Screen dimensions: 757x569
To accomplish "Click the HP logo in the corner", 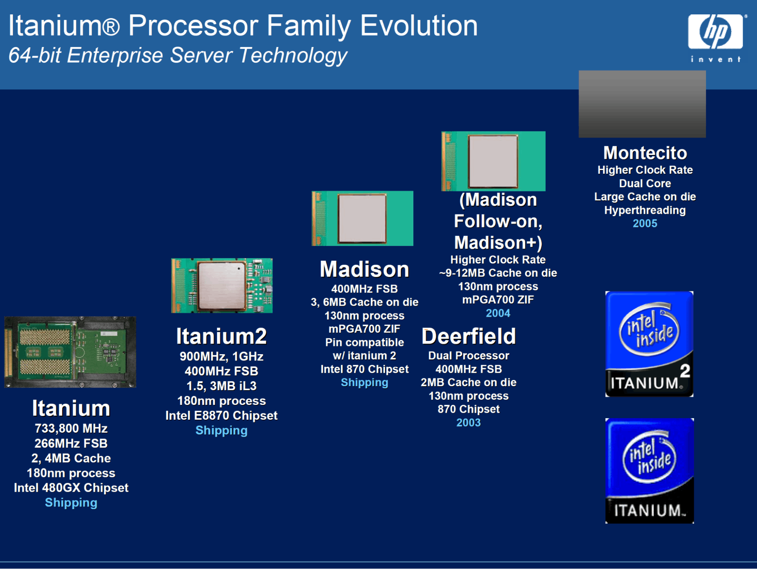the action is (x=716, y=38).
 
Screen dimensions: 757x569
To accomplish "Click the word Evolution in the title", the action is (x=419, y=26).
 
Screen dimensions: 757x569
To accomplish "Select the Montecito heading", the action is (x=645, y=153).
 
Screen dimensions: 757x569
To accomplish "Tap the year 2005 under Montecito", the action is (x=645, y=223).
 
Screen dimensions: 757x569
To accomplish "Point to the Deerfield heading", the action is (x=468, y=336).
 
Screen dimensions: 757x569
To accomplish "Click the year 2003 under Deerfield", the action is (x=468, y=422).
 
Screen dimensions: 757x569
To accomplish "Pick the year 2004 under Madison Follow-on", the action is (x=498, y=313).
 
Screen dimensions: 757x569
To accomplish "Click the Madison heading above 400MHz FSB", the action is (x=364, y=269).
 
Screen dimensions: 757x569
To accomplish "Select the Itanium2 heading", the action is (x=222, y=336).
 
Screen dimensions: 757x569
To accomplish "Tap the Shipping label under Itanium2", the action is (x=222, y=430).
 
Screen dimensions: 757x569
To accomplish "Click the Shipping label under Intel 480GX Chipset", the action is (x=71, y=502).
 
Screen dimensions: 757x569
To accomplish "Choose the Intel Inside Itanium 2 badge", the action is (x=649, y=344).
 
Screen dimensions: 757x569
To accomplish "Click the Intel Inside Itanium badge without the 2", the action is (x=649, y=471).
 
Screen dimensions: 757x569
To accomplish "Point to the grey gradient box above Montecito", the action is (x=642, y=104).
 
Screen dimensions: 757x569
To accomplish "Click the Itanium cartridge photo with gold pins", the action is (x=70, y=352).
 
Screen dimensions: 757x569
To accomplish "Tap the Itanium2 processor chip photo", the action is (x=222, y=286).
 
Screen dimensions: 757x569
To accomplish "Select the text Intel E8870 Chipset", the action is (x=222, y=416).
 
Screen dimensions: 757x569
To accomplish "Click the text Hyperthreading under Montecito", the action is (x=645, y=210).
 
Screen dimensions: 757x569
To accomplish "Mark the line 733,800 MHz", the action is (x=71, y=428).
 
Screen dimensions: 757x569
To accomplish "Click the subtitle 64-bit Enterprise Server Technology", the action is (x=178, y=56).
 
